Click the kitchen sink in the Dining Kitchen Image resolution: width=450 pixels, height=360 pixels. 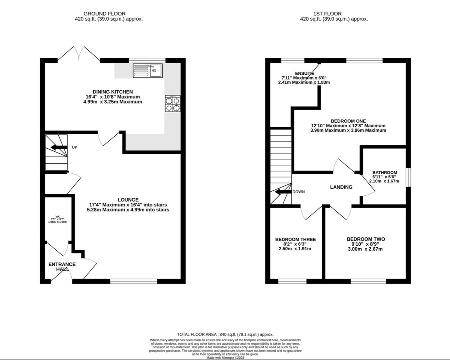(148, 71)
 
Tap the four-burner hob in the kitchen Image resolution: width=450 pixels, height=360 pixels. (173, 103)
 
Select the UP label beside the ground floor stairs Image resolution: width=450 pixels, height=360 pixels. (74, 147)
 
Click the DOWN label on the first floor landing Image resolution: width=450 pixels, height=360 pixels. (298, 192)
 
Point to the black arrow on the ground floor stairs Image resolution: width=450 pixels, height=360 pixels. (59, 147)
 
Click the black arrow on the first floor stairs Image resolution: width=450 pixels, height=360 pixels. (283, 192)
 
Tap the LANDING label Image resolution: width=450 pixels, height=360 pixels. (341, 187)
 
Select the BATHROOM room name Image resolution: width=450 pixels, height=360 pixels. (385, 172)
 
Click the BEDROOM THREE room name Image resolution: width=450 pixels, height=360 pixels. (295, 239)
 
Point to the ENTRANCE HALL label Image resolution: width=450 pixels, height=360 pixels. (62, 267)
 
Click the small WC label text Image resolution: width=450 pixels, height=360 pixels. (58, 216)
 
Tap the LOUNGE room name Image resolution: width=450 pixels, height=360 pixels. (128, 200)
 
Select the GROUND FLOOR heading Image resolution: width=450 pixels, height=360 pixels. (104, 14)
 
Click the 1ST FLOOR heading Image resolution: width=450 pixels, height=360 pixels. (327, 14)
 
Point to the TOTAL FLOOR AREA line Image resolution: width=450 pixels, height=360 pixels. (225, 334)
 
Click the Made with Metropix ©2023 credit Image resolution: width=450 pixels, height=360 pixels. (225, 358)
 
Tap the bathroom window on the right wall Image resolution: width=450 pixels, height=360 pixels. (408, 177)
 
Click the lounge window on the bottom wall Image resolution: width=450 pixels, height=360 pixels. (134, 281)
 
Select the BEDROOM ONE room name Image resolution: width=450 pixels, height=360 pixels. (348, 121)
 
